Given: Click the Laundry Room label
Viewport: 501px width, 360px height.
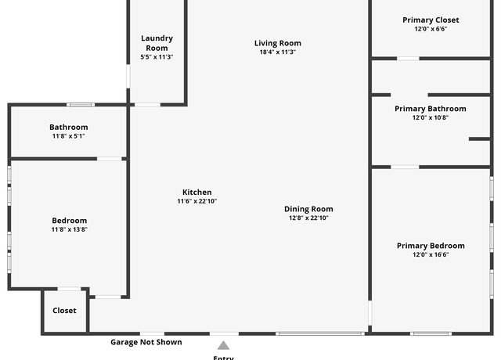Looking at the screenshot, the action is (157, 43).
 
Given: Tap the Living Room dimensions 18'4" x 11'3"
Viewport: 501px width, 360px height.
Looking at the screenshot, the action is (278, 52).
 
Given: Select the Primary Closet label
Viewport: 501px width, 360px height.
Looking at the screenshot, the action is (431, 20).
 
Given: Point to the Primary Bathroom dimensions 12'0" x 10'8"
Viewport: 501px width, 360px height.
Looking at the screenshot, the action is (431, 117).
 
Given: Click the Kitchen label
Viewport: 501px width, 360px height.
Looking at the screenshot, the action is (196, 193).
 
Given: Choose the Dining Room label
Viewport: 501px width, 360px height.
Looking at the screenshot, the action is (308, 209).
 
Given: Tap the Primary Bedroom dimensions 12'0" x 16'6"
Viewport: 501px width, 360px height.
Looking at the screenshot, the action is (431, 254).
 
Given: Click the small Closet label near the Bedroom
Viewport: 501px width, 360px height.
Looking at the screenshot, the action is (64, 311).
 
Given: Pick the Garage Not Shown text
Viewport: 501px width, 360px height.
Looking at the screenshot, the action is (146, 342).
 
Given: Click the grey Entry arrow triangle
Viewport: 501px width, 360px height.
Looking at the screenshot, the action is (223, 346).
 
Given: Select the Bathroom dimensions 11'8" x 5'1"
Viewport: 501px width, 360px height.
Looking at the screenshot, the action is (69, 136).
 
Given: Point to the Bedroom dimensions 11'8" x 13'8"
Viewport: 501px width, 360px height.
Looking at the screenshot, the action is (70, 229).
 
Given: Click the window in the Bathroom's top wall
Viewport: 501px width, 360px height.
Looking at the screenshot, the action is (81, 105).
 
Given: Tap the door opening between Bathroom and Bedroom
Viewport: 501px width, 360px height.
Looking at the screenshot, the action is (110, 159).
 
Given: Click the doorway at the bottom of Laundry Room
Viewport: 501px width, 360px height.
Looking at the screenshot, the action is (147, 105).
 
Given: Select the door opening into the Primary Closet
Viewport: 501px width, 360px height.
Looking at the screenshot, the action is (408, 59).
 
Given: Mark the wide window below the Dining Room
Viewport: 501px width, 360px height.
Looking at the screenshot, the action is (320, 334).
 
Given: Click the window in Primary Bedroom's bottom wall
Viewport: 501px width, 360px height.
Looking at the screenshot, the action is (431, 334).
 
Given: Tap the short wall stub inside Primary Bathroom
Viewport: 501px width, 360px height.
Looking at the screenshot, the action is (479, 139).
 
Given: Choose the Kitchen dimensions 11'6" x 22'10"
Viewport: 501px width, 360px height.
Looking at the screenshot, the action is (196, 201).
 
